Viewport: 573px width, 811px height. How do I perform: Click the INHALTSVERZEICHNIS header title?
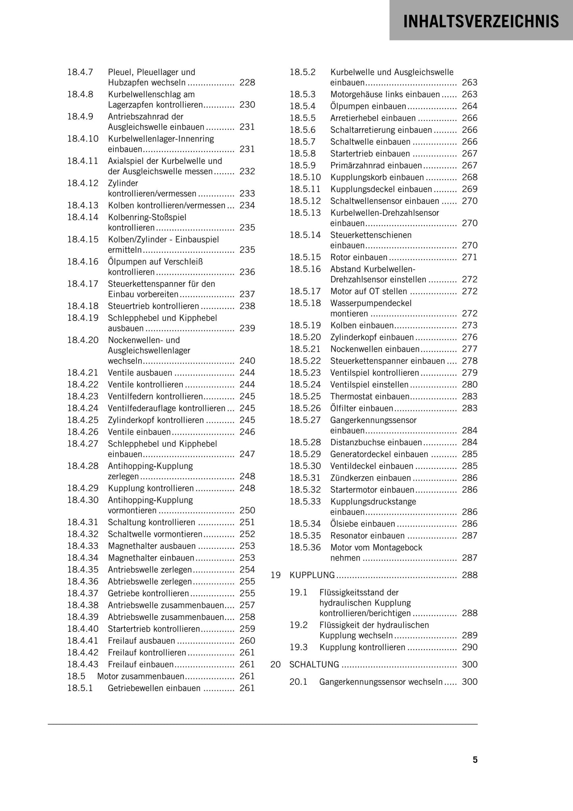click(481, 21)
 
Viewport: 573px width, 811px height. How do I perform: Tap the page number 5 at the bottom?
click(475, 760)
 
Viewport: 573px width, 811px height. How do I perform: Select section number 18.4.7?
click(80, 72)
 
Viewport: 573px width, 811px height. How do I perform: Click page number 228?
click(247, 82)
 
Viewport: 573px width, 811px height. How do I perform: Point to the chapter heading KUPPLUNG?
click(312, 575)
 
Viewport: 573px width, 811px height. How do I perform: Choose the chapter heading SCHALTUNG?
click(314, 664)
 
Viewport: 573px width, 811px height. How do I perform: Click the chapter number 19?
click(276, 575)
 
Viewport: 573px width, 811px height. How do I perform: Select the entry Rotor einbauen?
click(358, 257)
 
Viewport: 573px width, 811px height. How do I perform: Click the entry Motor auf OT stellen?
click(368, 291)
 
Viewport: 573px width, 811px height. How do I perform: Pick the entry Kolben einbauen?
click(362, 325)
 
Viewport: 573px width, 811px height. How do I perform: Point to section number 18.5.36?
click(305, 547)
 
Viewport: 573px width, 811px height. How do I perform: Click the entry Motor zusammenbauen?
click(140, 676)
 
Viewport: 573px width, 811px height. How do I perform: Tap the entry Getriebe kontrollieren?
click(148, 593)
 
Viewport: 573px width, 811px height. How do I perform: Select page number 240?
click(247, 361)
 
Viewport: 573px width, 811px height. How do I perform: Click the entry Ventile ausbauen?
click(140, 373)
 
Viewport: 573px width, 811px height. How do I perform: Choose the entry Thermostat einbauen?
click(370, 397)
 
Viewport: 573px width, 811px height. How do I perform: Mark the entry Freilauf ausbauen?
click(141, 640)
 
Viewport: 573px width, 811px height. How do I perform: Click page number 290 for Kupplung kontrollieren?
click(470, 647)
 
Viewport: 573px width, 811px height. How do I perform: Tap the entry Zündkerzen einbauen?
click(370, 478)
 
